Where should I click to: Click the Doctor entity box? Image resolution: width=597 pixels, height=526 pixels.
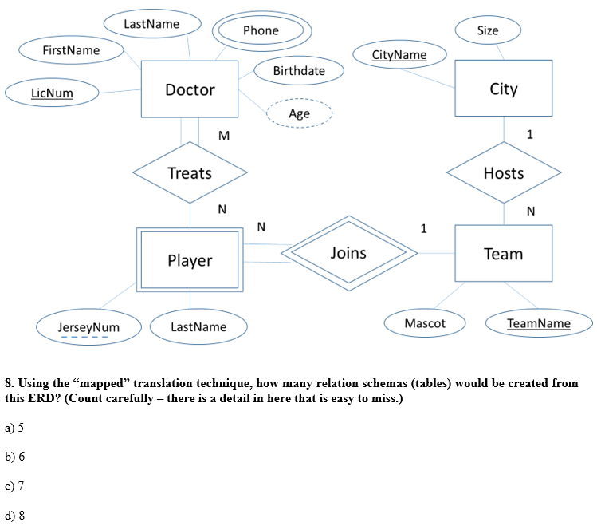click(190, 89)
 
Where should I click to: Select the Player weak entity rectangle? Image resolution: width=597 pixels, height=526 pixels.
click(190, 260)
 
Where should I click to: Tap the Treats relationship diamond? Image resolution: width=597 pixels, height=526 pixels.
click(190, 173)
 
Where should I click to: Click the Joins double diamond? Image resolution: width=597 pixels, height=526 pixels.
click(348, 253)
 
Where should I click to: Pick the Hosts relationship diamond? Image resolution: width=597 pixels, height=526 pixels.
click(504, 173)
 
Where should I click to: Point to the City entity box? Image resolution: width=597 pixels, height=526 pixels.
click(504, 89)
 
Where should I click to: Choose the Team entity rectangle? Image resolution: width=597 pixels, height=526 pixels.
click(504, 254)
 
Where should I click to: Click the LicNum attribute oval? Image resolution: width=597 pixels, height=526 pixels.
click(52, 93)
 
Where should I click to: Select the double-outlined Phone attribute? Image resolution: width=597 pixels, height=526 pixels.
click(261, 30)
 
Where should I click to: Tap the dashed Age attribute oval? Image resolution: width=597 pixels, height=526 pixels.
click(299, 113)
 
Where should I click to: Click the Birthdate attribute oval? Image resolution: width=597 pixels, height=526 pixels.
click(299, 70)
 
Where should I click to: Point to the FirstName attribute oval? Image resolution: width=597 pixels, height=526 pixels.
click(71, 50)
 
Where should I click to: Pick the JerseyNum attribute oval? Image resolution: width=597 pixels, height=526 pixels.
click(88, 327)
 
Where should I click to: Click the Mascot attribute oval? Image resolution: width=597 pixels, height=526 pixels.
click(425, 323)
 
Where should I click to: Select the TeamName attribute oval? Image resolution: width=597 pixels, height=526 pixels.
click(539, 323)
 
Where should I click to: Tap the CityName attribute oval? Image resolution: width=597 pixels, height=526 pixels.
click(399, 55)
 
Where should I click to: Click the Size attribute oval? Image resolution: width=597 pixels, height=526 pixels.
click(488, 30)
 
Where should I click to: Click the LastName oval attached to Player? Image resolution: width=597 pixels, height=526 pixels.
click(198, 327)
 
